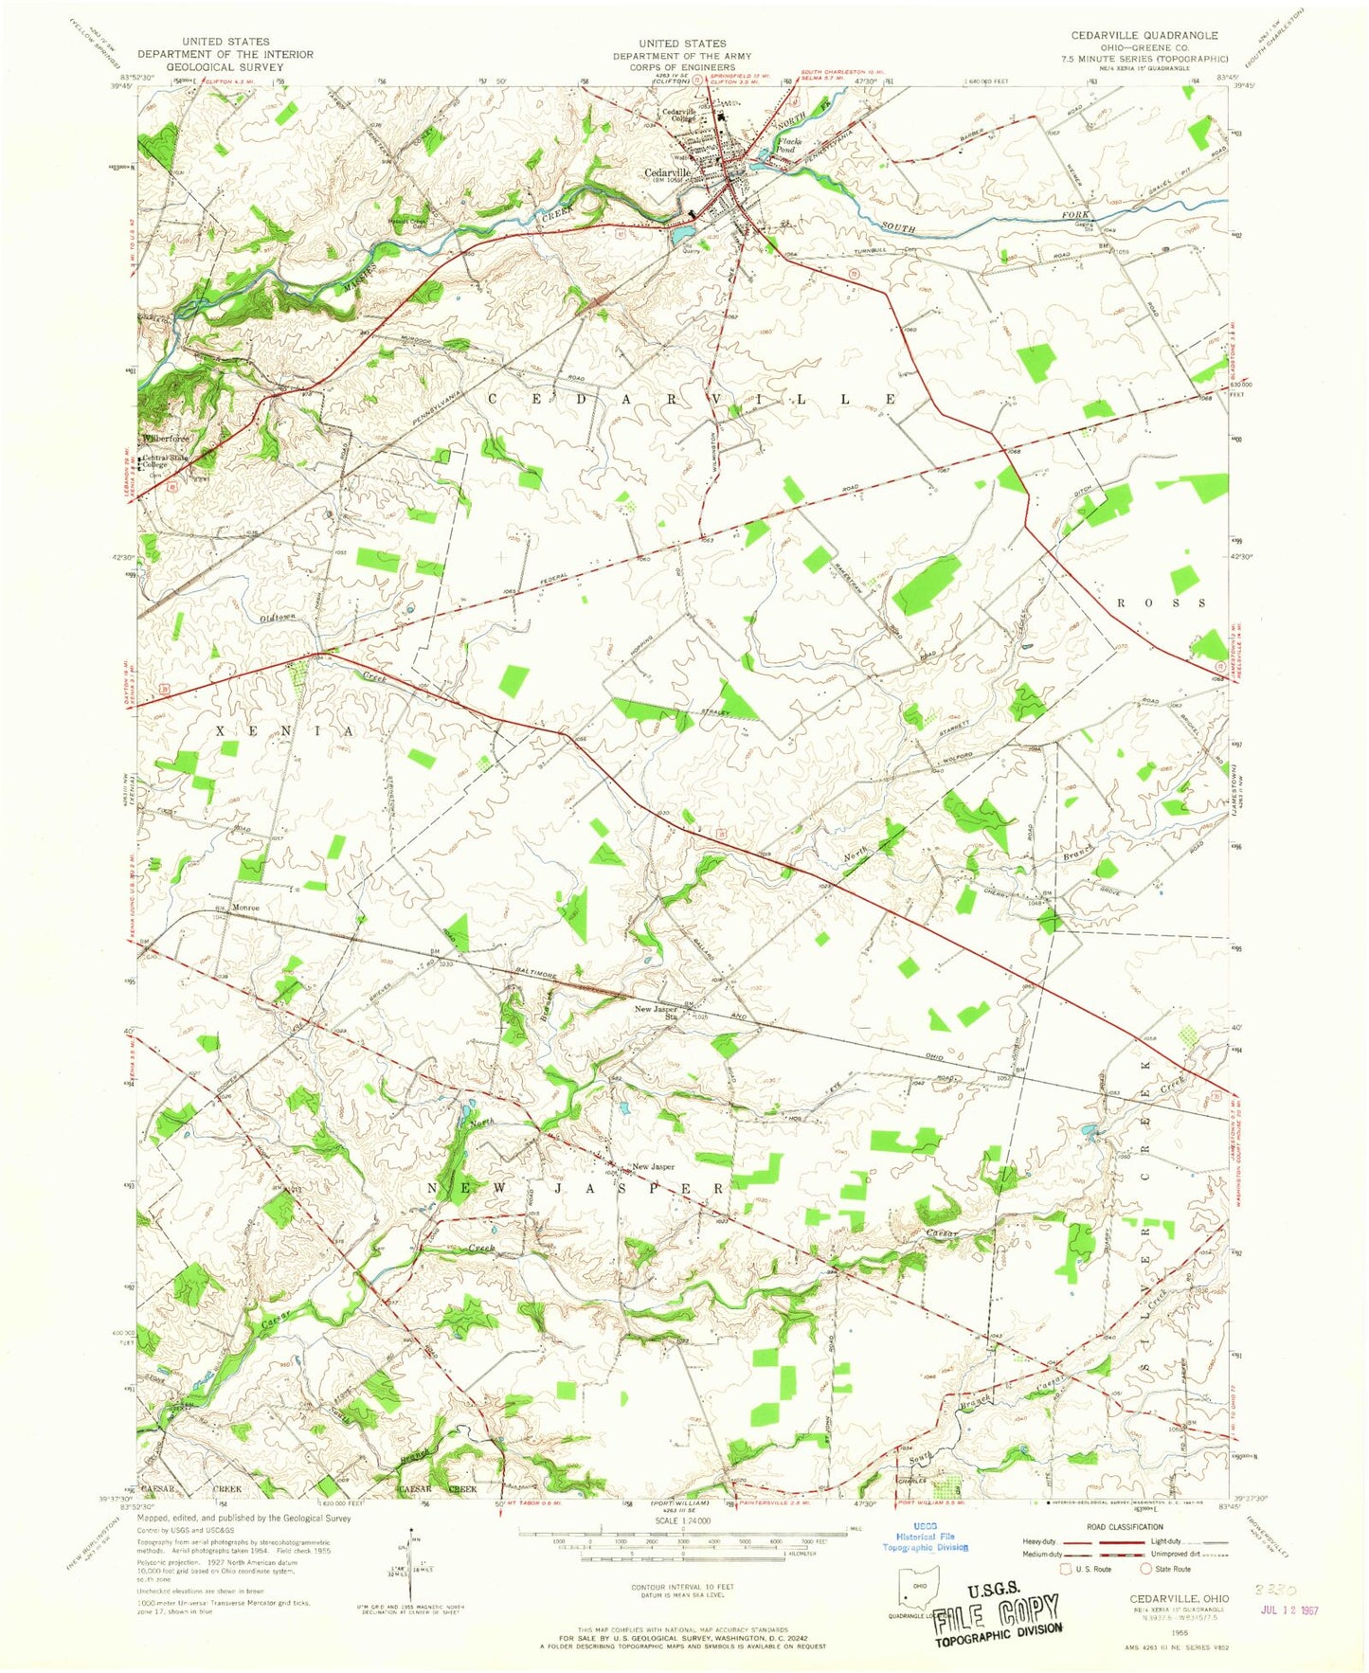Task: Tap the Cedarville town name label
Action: [x=667, y=173]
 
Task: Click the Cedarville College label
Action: [x=678, y=115]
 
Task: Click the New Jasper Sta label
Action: [x=656, y=1013]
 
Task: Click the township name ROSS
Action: [x=1163, y=603]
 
